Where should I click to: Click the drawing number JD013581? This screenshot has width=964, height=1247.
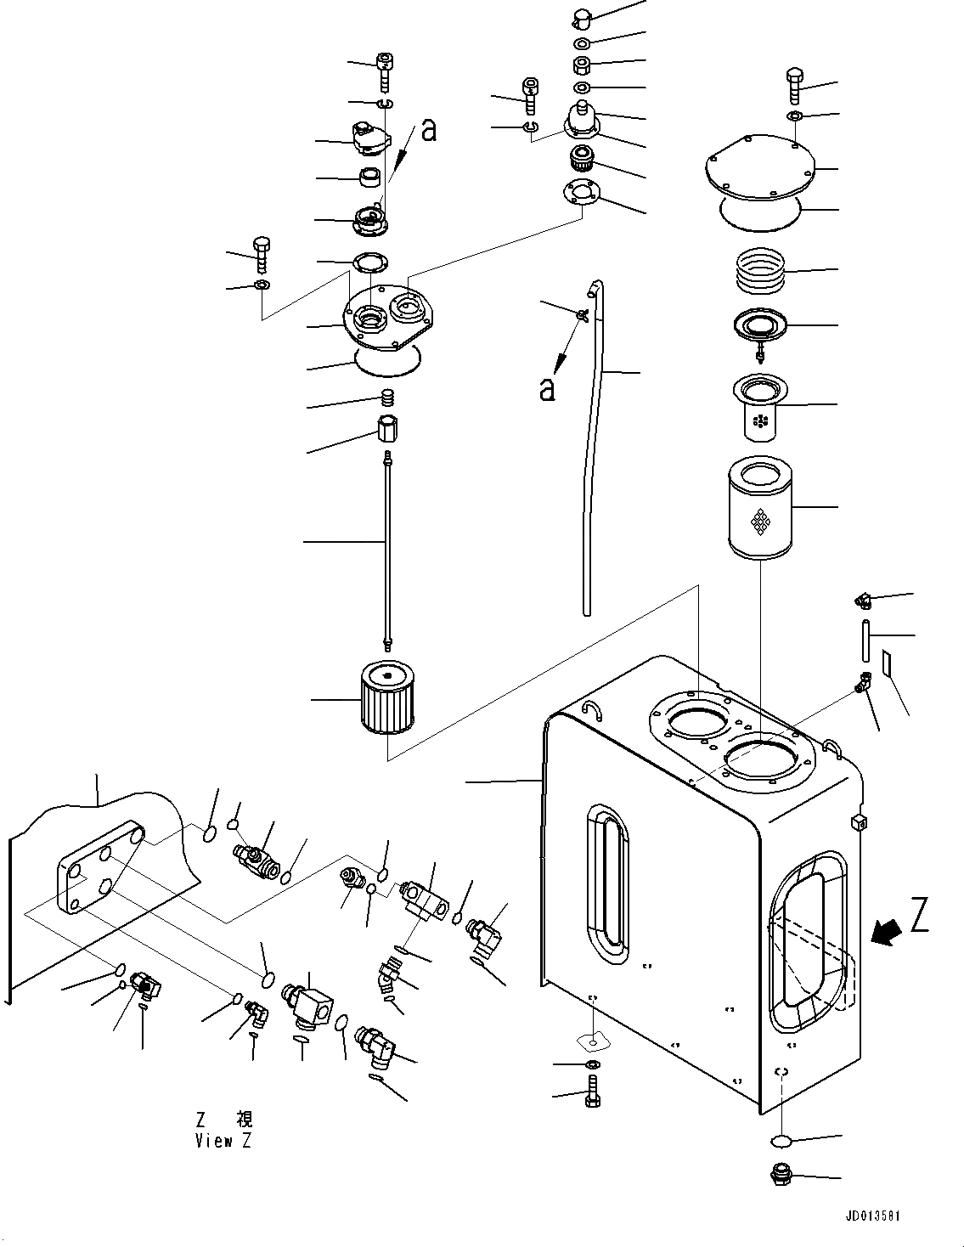pyautogui.click(x=872, y=1216)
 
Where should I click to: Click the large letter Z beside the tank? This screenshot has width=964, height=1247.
pyautogui.click(x=919, y=918)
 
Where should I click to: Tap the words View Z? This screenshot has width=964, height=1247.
pyautogui.click(x=223, y=1141)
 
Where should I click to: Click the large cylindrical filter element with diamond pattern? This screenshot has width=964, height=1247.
pyautogui.click(x=758, y=508)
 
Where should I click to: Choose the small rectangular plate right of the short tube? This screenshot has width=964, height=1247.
pyautogui.click(x=888, y=663)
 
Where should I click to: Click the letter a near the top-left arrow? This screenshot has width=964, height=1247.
pyautogui.click(x=429, y=130)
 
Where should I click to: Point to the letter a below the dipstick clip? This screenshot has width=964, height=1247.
pyautogui.click(x=548, y=389)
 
